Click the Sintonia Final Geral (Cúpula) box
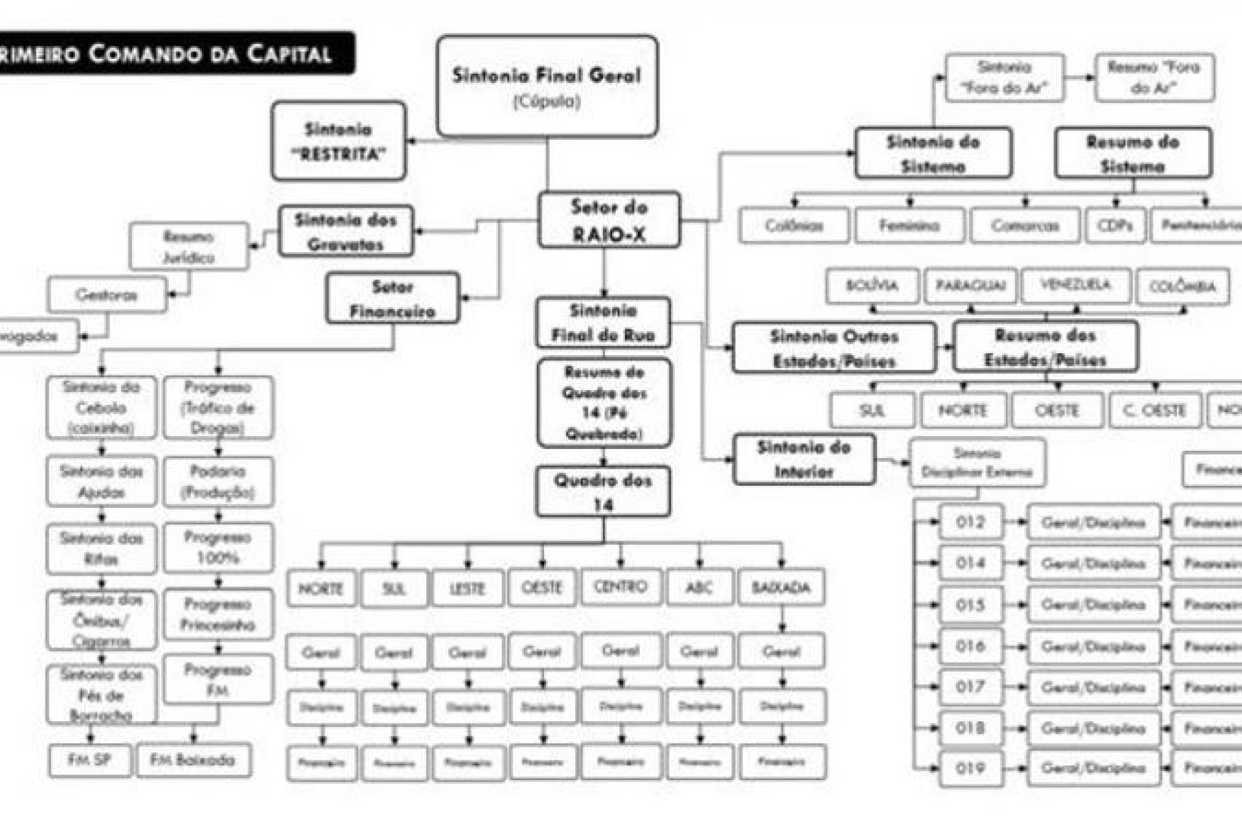(547, 86)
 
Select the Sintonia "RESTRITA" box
(338, 141)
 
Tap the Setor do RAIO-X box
(609, 221)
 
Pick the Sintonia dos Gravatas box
(345, 231)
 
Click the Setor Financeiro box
(392, 298)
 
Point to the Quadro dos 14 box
(603, 492)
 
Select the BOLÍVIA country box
(871, 285)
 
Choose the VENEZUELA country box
(1075, 285)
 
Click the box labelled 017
(970, 687)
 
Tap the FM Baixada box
(193, 760)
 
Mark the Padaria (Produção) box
(218, 482)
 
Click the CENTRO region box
(620, 587)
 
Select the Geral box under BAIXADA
(781, 651)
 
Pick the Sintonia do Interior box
(803, 459)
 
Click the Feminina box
(909, 225)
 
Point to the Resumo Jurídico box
(188, 246)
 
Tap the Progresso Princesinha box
(218, 614)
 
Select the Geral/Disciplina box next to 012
(1093, 522)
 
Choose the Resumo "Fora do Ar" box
(1153, 78)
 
